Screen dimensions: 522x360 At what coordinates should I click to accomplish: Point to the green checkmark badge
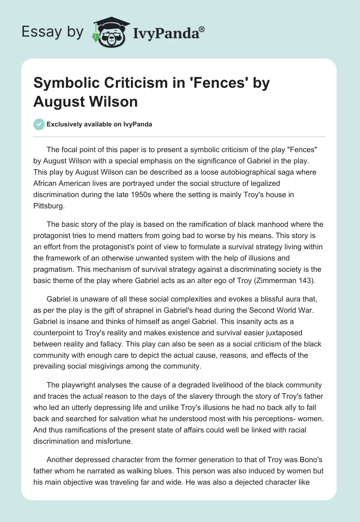pos(39,124)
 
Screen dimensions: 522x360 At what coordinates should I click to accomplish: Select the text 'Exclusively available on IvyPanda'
pos(99,125)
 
